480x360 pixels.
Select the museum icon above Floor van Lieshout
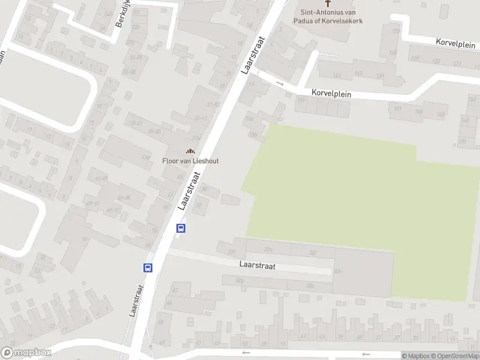[x=191, y=151]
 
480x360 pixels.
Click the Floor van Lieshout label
[x=190, y=161]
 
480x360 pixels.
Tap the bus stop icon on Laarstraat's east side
[x=181, y=228]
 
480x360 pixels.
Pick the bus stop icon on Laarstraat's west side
[x=148, y=268]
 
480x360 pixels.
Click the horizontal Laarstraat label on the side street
[x=257, y=266]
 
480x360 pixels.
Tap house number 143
[x=337, y=75]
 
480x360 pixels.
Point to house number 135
[x=393, y=53]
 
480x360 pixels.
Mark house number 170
[x=462, y=142]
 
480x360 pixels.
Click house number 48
[x=160, y=322]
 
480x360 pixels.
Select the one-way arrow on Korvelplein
[x=280, y=83]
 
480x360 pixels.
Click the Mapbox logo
[x=26, y=353]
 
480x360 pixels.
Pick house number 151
[x=301, y=100]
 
